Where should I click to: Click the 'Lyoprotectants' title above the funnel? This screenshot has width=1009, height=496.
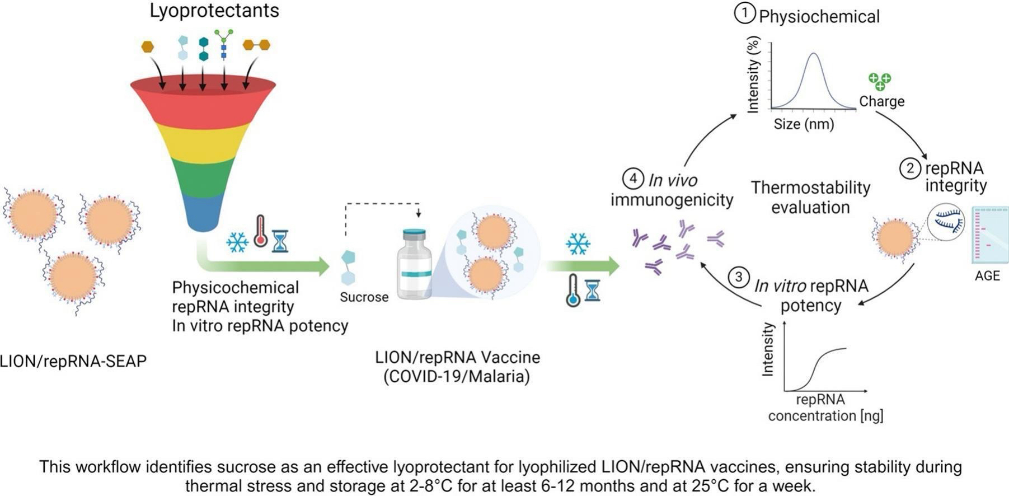(x=214, y=11)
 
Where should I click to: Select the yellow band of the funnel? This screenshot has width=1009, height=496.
(x=203, y=143)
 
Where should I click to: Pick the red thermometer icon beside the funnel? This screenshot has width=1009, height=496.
(x=260, y=231)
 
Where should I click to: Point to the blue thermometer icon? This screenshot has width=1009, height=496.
(x=572, y=291)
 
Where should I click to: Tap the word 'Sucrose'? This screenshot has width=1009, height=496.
(x=364, y=297)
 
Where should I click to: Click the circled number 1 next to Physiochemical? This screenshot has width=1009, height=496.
(x=745, y=14)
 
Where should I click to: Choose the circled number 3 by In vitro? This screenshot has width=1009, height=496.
(x=739, y=277)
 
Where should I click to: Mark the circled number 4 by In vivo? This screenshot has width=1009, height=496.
(x=633, y=179)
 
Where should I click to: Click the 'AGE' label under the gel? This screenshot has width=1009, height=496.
(x=987, y=276)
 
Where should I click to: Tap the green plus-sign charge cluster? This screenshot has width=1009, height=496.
(x=879, y=81)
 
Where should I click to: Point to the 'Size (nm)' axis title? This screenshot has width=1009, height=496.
(x=804, y=124)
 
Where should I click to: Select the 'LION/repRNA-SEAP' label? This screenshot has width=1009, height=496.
(x=73, y=362)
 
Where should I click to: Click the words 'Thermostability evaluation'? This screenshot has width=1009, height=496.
(x=810, y=197)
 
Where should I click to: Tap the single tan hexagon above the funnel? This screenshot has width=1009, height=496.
(x=148, y=47)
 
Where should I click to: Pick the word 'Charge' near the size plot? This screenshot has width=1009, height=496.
(x=881, y=101)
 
